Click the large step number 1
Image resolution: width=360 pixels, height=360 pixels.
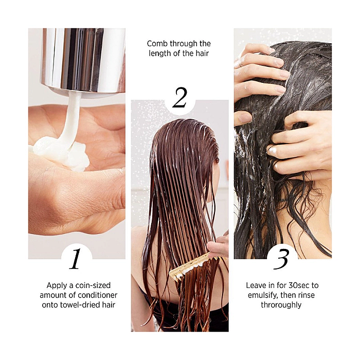(75, 259)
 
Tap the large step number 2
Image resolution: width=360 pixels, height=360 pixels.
(180, 98)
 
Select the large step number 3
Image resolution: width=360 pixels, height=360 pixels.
(281, 259)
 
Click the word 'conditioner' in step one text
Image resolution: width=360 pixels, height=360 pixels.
(97, 295)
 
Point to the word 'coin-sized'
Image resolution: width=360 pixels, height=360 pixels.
(93, 285)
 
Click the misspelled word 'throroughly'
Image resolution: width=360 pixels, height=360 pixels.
(281, 305)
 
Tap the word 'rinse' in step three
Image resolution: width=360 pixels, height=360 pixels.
(307, 295)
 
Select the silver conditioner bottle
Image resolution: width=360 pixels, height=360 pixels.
(83, 60)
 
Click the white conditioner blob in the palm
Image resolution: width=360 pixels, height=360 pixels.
(62, 153)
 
